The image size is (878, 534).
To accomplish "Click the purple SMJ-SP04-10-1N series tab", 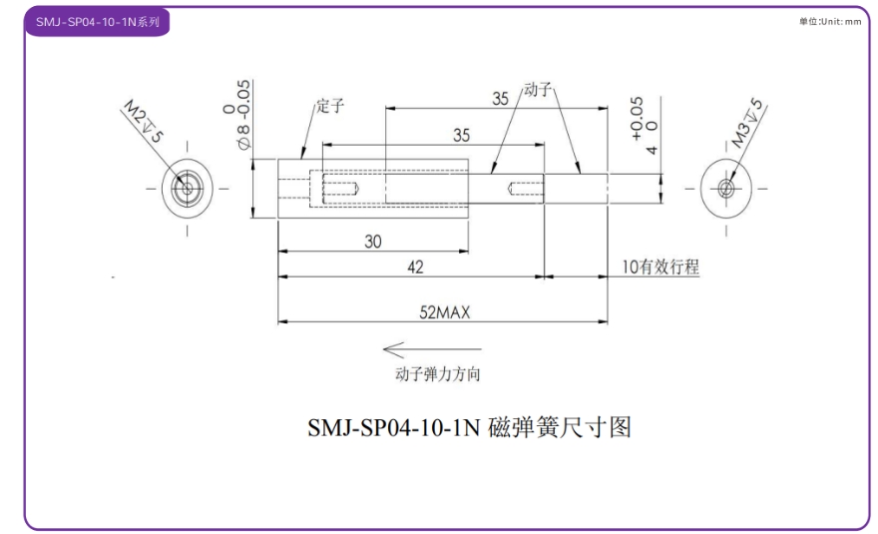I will coord(97,21).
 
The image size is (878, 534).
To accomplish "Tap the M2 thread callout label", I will coord(142,121).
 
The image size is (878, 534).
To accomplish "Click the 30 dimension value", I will coord(371,241).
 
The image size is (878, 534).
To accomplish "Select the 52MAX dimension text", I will coord(444,311).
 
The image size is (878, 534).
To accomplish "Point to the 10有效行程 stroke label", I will coord(659,267).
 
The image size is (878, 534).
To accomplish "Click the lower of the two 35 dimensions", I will coord(462,134).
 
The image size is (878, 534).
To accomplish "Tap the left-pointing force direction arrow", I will coord(431,350).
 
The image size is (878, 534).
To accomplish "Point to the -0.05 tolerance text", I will coord(242,98).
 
